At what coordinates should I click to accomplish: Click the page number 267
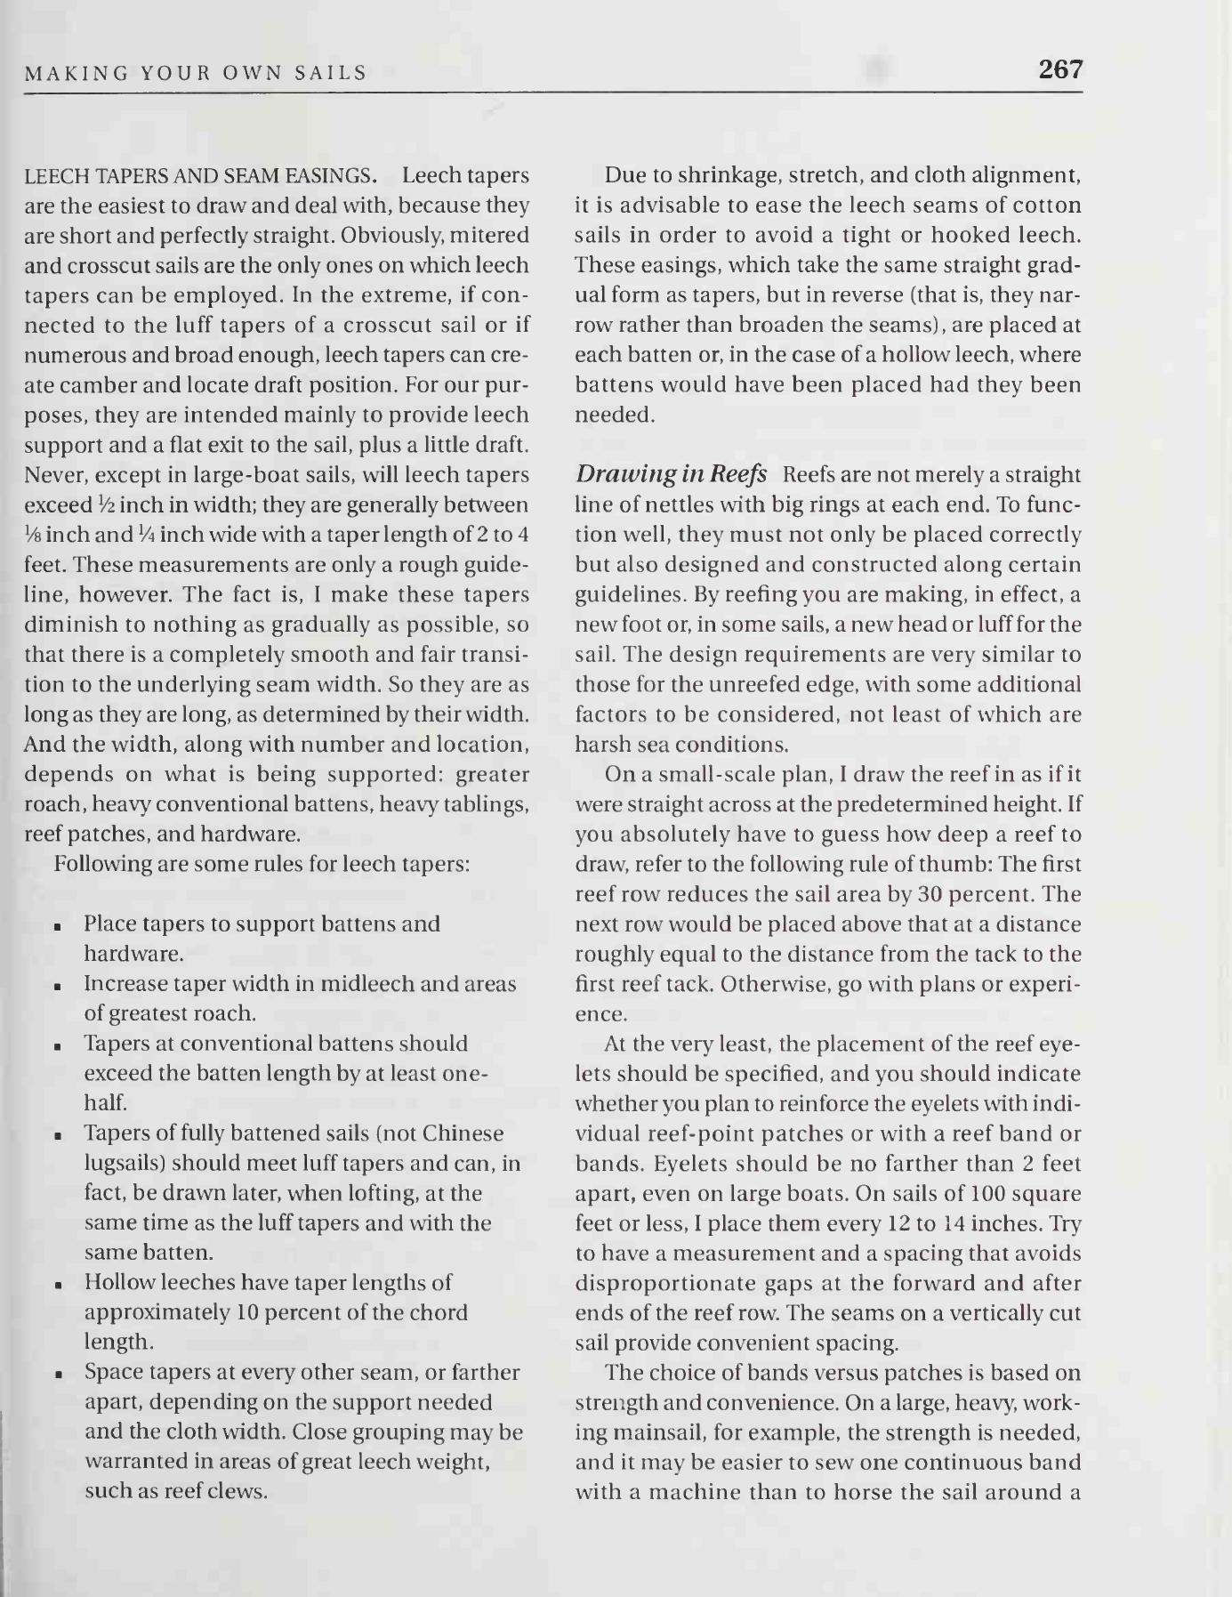point(1061,69)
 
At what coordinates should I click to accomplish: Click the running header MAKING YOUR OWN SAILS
point(196,74)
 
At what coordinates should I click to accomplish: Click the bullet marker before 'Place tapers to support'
point(57,926)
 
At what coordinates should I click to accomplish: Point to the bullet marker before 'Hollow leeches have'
point(57,1285)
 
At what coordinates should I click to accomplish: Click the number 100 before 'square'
point(979,1193)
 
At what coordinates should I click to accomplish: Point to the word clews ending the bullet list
point(237,1492)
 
